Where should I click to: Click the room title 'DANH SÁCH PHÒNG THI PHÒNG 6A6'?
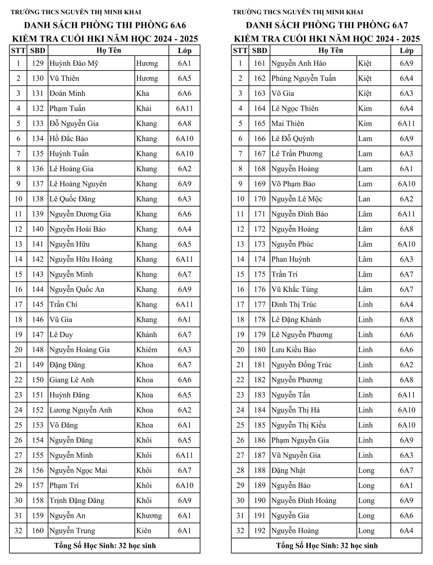105,26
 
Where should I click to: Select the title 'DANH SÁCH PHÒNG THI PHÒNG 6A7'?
327,26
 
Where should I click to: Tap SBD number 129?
38,63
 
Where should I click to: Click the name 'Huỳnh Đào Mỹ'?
74,63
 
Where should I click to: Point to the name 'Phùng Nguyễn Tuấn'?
303,78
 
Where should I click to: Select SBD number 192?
260,531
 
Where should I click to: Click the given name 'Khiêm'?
147,349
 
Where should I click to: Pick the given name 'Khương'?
149,516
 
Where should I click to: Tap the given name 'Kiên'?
144,531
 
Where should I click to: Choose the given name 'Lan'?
364,199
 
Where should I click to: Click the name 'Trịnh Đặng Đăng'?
77,500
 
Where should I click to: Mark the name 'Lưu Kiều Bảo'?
293,349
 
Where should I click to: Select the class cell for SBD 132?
185,108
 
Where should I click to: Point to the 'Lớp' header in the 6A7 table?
406,51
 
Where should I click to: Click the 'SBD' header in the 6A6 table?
38,51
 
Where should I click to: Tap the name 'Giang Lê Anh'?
71,380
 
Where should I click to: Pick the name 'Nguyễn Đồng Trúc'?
301,365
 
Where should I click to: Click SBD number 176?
260,289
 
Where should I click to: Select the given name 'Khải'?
144,108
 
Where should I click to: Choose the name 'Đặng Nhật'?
288,470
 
